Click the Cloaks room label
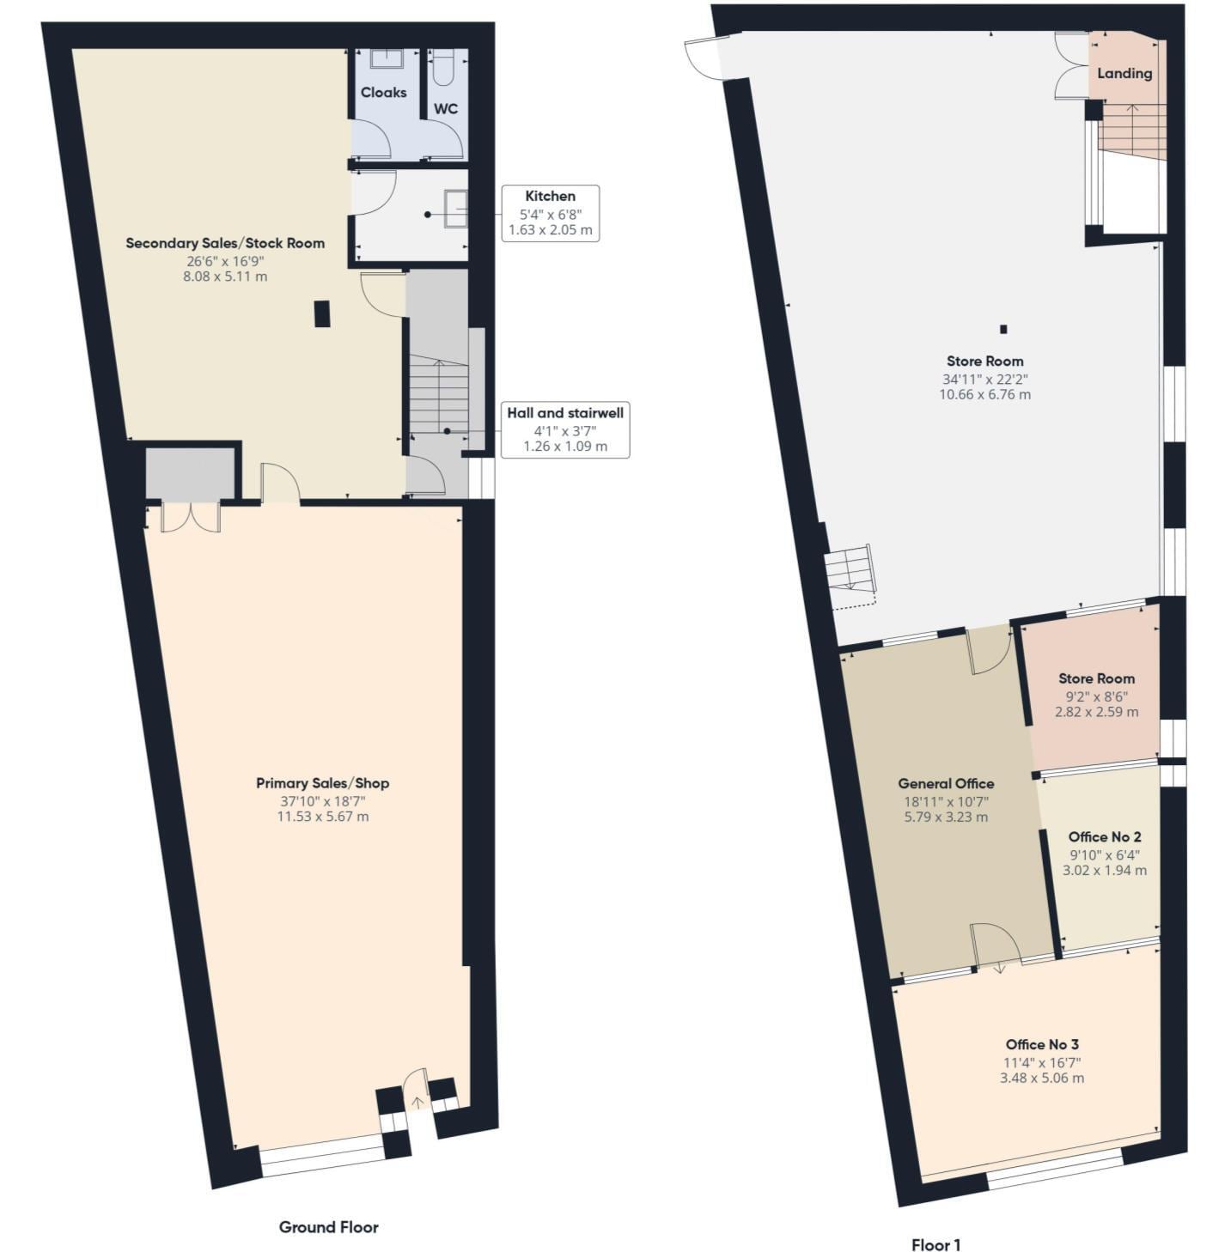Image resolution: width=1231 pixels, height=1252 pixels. click(x=383, y=93)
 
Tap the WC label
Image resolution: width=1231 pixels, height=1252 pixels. click(x=445, y=109)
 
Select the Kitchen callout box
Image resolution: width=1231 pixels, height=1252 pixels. click(x=550, y=212)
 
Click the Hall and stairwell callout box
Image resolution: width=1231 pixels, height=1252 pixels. click(x=564, y=429)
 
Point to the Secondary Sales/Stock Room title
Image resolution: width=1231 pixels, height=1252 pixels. click(x=225, y=243)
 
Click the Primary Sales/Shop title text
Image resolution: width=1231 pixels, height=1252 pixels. click(x=322, y=783)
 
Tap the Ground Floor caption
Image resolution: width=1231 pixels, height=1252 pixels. click(x=328, y=1227)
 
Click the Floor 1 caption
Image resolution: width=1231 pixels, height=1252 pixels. click(x=935, y=1244)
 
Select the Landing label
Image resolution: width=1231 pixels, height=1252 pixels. click(x=1124, y=73)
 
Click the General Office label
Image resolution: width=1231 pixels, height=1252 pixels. click(x=946, y=783)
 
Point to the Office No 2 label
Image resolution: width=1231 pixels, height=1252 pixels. click(x=1105, y=836)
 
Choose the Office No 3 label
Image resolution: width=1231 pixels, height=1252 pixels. click(x=1042, y=1044)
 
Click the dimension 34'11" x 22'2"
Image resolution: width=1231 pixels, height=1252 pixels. click(x=984, y=379)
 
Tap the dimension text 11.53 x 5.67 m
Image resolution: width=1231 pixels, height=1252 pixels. click(x=322, y=816)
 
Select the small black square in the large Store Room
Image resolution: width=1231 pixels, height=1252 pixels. click(x=1002, y=329)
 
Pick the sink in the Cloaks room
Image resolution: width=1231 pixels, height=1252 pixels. click(x=387, y=58)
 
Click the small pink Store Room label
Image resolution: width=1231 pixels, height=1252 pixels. click(x=1096, y=678)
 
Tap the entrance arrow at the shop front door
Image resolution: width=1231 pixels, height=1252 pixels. click(x=417, y=1102)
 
